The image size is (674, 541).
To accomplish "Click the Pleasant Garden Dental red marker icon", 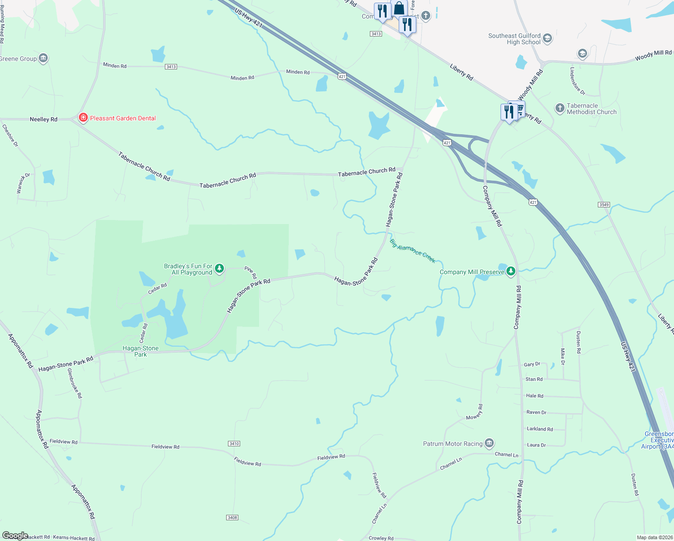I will pos(83,118).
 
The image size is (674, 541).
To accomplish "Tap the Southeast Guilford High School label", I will pos(514,39).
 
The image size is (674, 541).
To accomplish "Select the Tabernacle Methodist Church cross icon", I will pos(560,108).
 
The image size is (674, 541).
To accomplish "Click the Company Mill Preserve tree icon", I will pos(510,271).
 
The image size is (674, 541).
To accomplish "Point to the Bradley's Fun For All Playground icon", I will pos(219,269).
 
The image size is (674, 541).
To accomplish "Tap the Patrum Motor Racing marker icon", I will pos(489,443).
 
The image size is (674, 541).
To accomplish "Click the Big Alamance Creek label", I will pos(413,251).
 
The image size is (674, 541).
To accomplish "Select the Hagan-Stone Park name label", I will pos(141,351).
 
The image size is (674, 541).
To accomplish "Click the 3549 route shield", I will pos(604,205).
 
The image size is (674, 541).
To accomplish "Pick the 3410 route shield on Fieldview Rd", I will pos(234,444).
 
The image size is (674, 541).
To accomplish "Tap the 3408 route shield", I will pos(232,518).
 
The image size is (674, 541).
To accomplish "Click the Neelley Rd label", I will pos(44,119).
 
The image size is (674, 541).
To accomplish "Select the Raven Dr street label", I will pos(536,412).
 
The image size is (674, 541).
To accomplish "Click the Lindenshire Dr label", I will pos(577,81).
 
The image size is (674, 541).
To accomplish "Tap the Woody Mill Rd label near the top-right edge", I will pos(653,55).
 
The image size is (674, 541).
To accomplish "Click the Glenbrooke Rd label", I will pos(75,383).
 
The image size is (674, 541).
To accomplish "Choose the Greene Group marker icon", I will pos(43,58).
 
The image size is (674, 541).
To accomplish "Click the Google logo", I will pos(15,536).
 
